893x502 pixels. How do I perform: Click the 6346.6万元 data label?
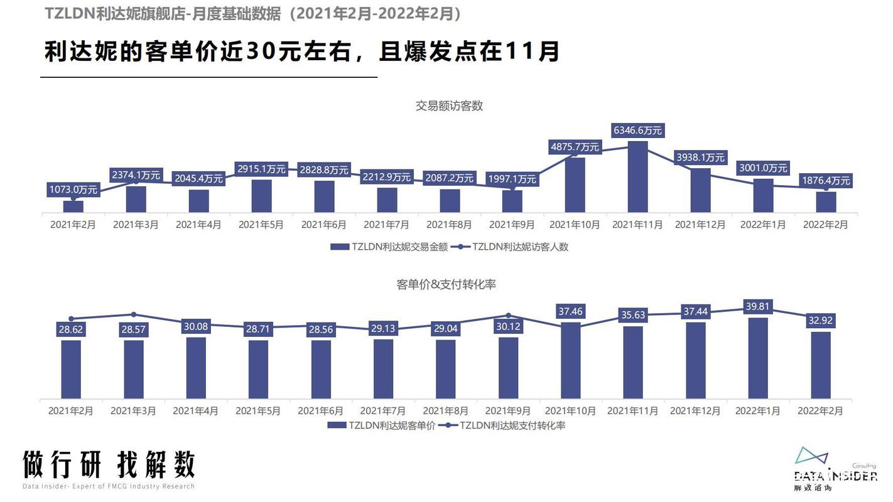point(637,131)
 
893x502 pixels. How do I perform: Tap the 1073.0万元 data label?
point(73,189)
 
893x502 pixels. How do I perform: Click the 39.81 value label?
point(757,306)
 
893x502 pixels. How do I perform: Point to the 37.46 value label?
point(570,311)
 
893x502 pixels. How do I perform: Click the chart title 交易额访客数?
point(449,106)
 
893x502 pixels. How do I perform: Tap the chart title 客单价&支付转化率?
point(446,284)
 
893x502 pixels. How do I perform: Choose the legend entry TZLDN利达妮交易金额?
point(389,247)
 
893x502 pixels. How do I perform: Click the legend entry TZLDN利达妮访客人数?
point(512,247)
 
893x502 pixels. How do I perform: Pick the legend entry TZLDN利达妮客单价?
point(382,425)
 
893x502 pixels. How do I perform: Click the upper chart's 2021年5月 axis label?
point(261,224)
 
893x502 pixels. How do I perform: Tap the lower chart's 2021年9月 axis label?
point(508,411)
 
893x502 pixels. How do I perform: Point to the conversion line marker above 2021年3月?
point(134,314)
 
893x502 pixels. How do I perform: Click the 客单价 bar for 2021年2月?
point(71,369)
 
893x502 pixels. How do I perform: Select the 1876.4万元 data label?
point(826,181)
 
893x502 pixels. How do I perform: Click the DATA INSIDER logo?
point(835,471)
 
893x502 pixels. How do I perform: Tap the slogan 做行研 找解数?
point(109,465)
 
